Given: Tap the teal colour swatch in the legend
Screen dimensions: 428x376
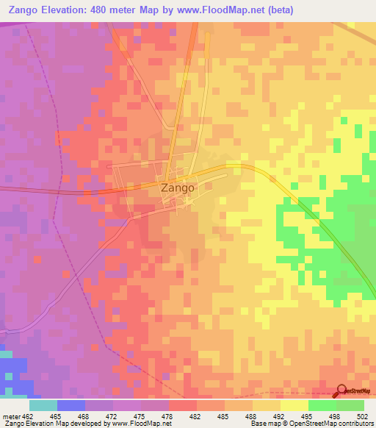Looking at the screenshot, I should (43, 405).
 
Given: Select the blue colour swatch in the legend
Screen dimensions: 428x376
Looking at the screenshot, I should (70, 405).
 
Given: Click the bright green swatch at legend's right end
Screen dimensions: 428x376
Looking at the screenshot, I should (350, 405).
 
